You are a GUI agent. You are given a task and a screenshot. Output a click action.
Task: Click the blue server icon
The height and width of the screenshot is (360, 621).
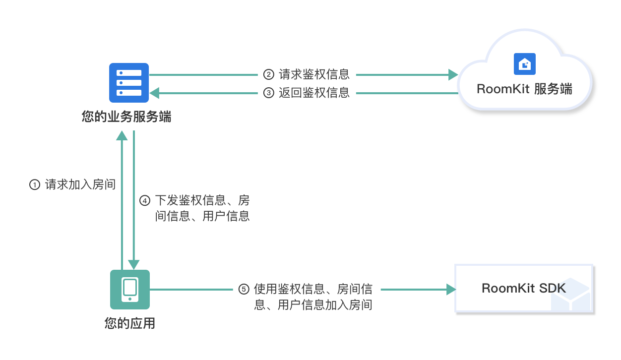(129, 83)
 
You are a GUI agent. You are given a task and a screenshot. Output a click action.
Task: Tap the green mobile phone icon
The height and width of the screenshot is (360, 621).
(129, 290)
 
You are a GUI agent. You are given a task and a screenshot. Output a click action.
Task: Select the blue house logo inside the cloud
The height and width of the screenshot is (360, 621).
(524, 64)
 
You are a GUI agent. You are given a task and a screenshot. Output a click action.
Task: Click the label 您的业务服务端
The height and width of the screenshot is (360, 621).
(126, 118)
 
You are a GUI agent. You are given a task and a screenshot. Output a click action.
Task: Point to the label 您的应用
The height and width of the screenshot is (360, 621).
(130, 324)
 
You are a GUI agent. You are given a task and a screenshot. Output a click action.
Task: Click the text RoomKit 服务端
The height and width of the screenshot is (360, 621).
(524, 89)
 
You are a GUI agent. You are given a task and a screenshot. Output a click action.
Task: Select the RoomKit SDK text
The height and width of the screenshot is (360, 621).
(523, 289)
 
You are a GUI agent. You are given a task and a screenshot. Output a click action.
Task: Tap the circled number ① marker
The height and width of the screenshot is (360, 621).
(35, 185)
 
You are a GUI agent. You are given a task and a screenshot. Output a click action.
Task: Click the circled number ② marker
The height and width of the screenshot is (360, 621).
(268, 75)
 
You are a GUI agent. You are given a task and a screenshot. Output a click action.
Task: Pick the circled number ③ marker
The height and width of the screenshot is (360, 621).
(268, 93)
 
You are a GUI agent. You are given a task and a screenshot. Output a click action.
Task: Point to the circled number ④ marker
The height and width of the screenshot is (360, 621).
(145, 201)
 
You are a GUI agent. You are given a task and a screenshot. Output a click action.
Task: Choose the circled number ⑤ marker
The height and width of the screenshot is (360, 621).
(244, 289)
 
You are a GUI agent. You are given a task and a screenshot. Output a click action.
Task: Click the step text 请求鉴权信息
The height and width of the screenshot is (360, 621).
(314, 75)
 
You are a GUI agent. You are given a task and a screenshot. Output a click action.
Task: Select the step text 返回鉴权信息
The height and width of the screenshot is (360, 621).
(314, 93)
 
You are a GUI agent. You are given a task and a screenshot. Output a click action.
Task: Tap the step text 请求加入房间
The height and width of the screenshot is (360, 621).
(80, 185)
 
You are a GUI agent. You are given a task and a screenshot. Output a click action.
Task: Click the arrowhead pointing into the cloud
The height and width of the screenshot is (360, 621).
(453, 75)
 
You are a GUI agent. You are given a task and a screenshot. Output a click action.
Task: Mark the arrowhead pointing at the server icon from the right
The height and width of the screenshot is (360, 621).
(155, 93)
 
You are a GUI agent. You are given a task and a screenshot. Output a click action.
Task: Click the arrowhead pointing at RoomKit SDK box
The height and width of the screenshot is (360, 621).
(451, 290)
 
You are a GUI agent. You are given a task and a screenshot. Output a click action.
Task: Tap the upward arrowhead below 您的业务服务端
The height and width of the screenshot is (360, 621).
(122, 136)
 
